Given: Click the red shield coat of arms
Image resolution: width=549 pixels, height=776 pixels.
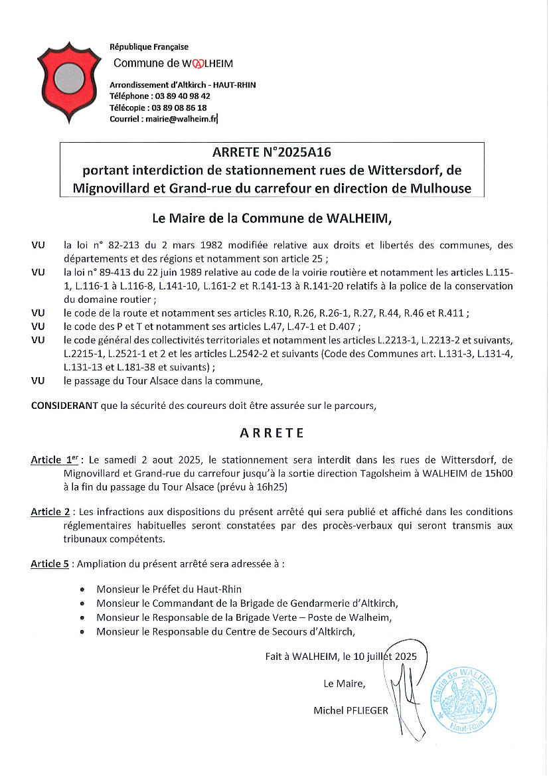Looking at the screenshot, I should [64, 82].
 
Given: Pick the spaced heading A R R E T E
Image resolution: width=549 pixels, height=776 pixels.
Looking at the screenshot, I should [272, 433].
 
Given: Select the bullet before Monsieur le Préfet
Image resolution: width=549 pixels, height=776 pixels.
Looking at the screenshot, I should [82, 589].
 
